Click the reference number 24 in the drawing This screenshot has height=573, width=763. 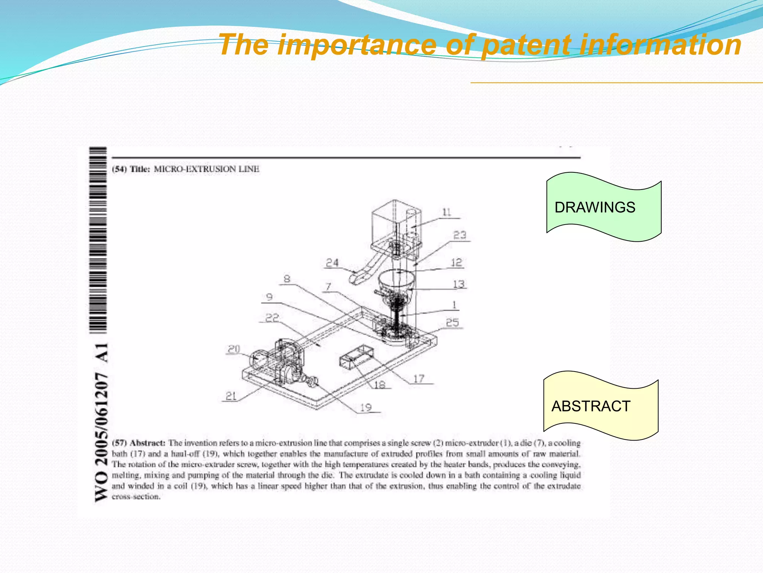332,263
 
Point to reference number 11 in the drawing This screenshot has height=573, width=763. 447,213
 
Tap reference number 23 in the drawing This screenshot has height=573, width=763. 460,235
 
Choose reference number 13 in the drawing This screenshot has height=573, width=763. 459,284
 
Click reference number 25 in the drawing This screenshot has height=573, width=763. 452,323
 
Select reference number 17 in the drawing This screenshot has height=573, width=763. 419,379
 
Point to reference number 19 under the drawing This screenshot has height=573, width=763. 366,407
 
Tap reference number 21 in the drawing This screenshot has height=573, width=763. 231,396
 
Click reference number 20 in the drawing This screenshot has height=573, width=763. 234,349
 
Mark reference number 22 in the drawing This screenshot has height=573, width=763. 272,318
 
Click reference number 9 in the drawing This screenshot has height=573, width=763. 269,297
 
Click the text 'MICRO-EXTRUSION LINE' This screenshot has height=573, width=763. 206,169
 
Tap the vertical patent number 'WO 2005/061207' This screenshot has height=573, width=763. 102,436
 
